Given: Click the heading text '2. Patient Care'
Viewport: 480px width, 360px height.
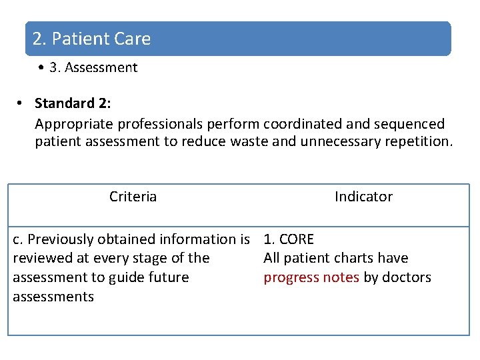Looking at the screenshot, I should point(92,39).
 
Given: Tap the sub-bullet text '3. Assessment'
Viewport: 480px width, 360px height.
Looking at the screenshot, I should point(93,67).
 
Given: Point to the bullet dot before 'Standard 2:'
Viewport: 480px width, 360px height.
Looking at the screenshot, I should point(21,103).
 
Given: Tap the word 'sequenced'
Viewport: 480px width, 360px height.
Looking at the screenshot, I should point(409,124).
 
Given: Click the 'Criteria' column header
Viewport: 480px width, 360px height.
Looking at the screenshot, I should point(133,197).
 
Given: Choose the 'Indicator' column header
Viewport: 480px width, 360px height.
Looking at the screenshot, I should point(363,197).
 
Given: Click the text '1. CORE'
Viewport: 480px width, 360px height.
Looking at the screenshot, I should point(289,239).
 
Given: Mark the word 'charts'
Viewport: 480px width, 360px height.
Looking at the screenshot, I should point(347,258).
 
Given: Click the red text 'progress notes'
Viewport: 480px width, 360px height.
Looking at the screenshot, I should point(311,277).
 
